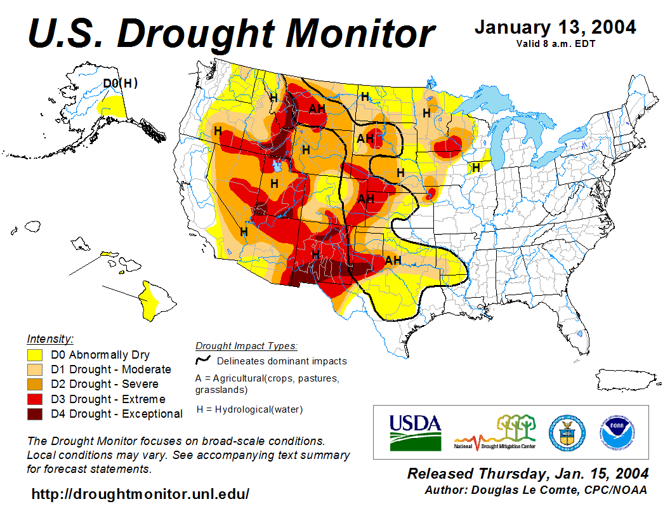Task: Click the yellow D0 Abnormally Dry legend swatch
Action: coord(35,355)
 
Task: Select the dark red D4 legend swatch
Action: coord(35,414)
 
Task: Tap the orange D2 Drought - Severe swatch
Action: coord(35,384)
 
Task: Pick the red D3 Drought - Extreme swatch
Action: coord(35,399)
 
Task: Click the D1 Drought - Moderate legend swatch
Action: coord(35,369)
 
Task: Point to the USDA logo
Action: coord(415,432)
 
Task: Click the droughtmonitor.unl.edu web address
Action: coord(140,494)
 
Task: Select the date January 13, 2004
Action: coord(555,27)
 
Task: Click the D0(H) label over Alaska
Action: coord(121,83)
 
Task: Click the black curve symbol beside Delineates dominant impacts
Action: coord(203,359)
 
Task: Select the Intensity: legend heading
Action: coord(50,338)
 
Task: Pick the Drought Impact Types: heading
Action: coord(246,346)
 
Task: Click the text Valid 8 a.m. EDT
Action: coord(555,44)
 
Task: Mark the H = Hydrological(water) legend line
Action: coord(249,409)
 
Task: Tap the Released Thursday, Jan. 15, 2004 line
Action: coord(528,474)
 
